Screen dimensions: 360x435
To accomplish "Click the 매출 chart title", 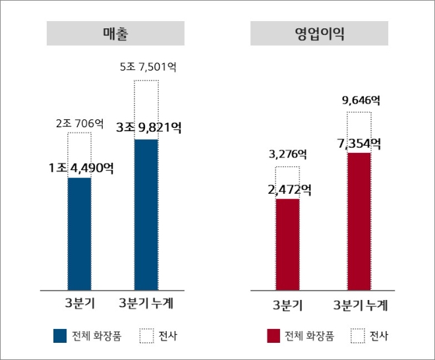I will pos(115,34).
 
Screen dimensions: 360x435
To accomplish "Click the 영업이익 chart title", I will pos(320,34).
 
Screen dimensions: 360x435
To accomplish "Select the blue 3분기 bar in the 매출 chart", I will pos(79,233).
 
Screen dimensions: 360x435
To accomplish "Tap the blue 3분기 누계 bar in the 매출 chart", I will pos(146,214).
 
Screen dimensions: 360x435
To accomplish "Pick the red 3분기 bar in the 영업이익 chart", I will pos(287,244).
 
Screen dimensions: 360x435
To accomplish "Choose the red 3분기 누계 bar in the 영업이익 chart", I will pos(359,221).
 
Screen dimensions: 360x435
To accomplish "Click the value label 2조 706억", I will pos(79,123).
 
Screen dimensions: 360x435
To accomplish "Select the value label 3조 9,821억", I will pos(148,128).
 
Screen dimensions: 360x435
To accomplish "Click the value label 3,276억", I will pos(287,155).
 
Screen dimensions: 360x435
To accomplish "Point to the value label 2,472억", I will pos(289,191).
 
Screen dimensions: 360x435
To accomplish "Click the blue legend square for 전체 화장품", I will pos(60,336).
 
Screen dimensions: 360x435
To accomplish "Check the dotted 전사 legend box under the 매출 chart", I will pos(146,336).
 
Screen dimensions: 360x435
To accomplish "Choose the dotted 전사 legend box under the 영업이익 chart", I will pos(358,336).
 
